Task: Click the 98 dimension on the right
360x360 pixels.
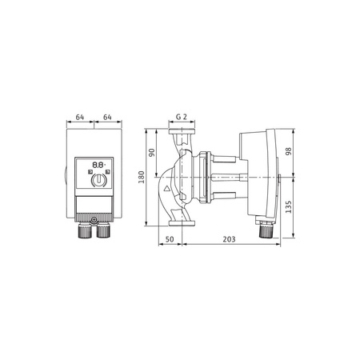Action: click(x=290, y=152)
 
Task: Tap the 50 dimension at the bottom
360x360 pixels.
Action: click(x=170, y=238)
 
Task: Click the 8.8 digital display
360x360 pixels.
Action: click(x=97, y=168)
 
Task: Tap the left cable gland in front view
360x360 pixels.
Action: click(x=84, y=232)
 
